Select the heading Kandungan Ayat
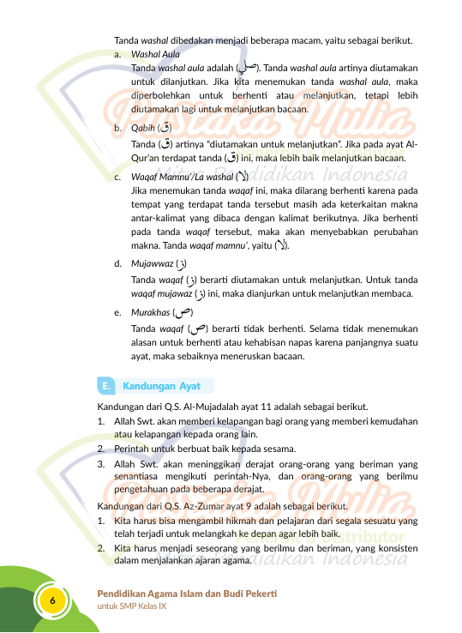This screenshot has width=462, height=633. (161, 385)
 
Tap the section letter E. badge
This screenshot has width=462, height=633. (105, 385)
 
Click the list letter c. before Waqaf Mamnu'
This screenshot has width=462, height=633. (117, 177)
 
